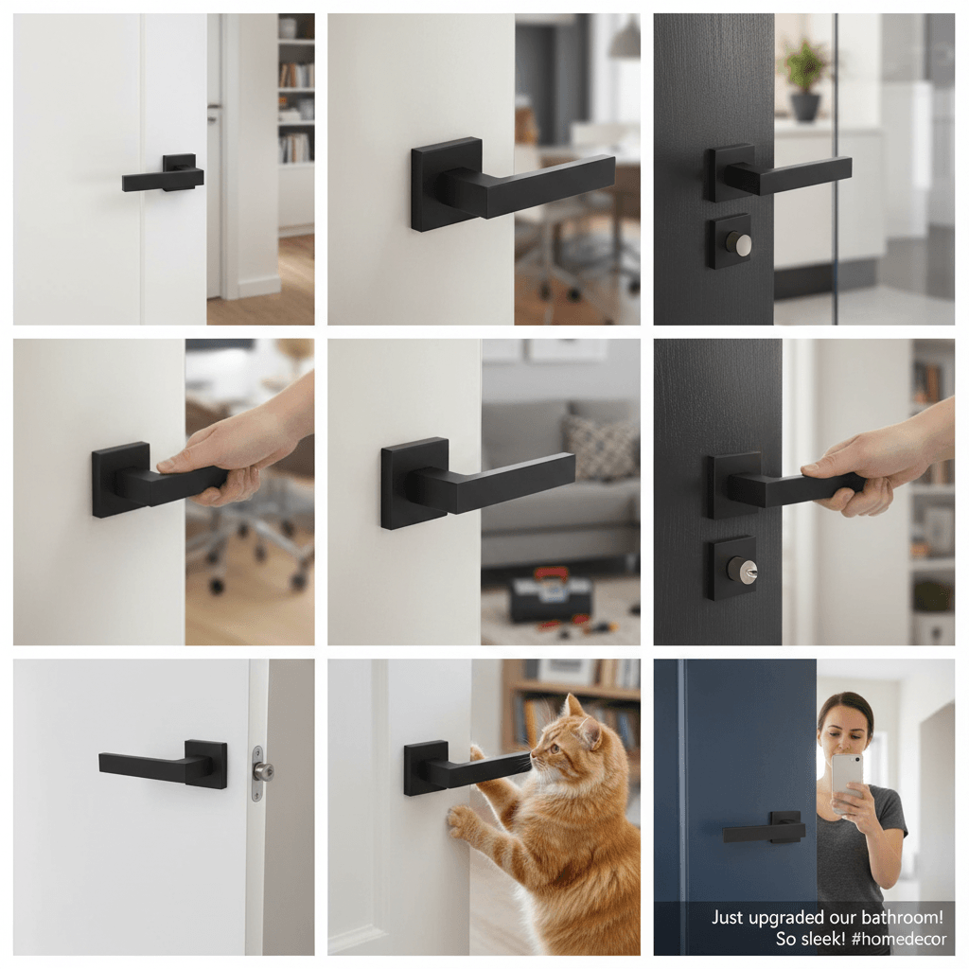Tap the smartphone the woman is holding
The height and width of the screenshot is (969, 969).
click(847, 782)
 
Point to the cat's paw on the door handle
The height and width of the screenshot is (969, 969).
click(477, 752)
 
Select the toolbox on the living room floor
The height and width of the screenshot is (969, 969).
click(549, 596)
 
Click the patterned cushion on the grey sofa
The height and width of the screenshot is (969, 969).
click(598, 445)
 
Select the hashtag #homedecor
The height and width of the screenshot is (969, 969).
click(899, 939)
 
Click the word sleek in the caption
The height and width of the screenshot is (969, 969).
click(820, 939)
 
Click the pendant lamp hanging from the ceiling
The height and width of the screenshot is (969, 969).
click(625, 36)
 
